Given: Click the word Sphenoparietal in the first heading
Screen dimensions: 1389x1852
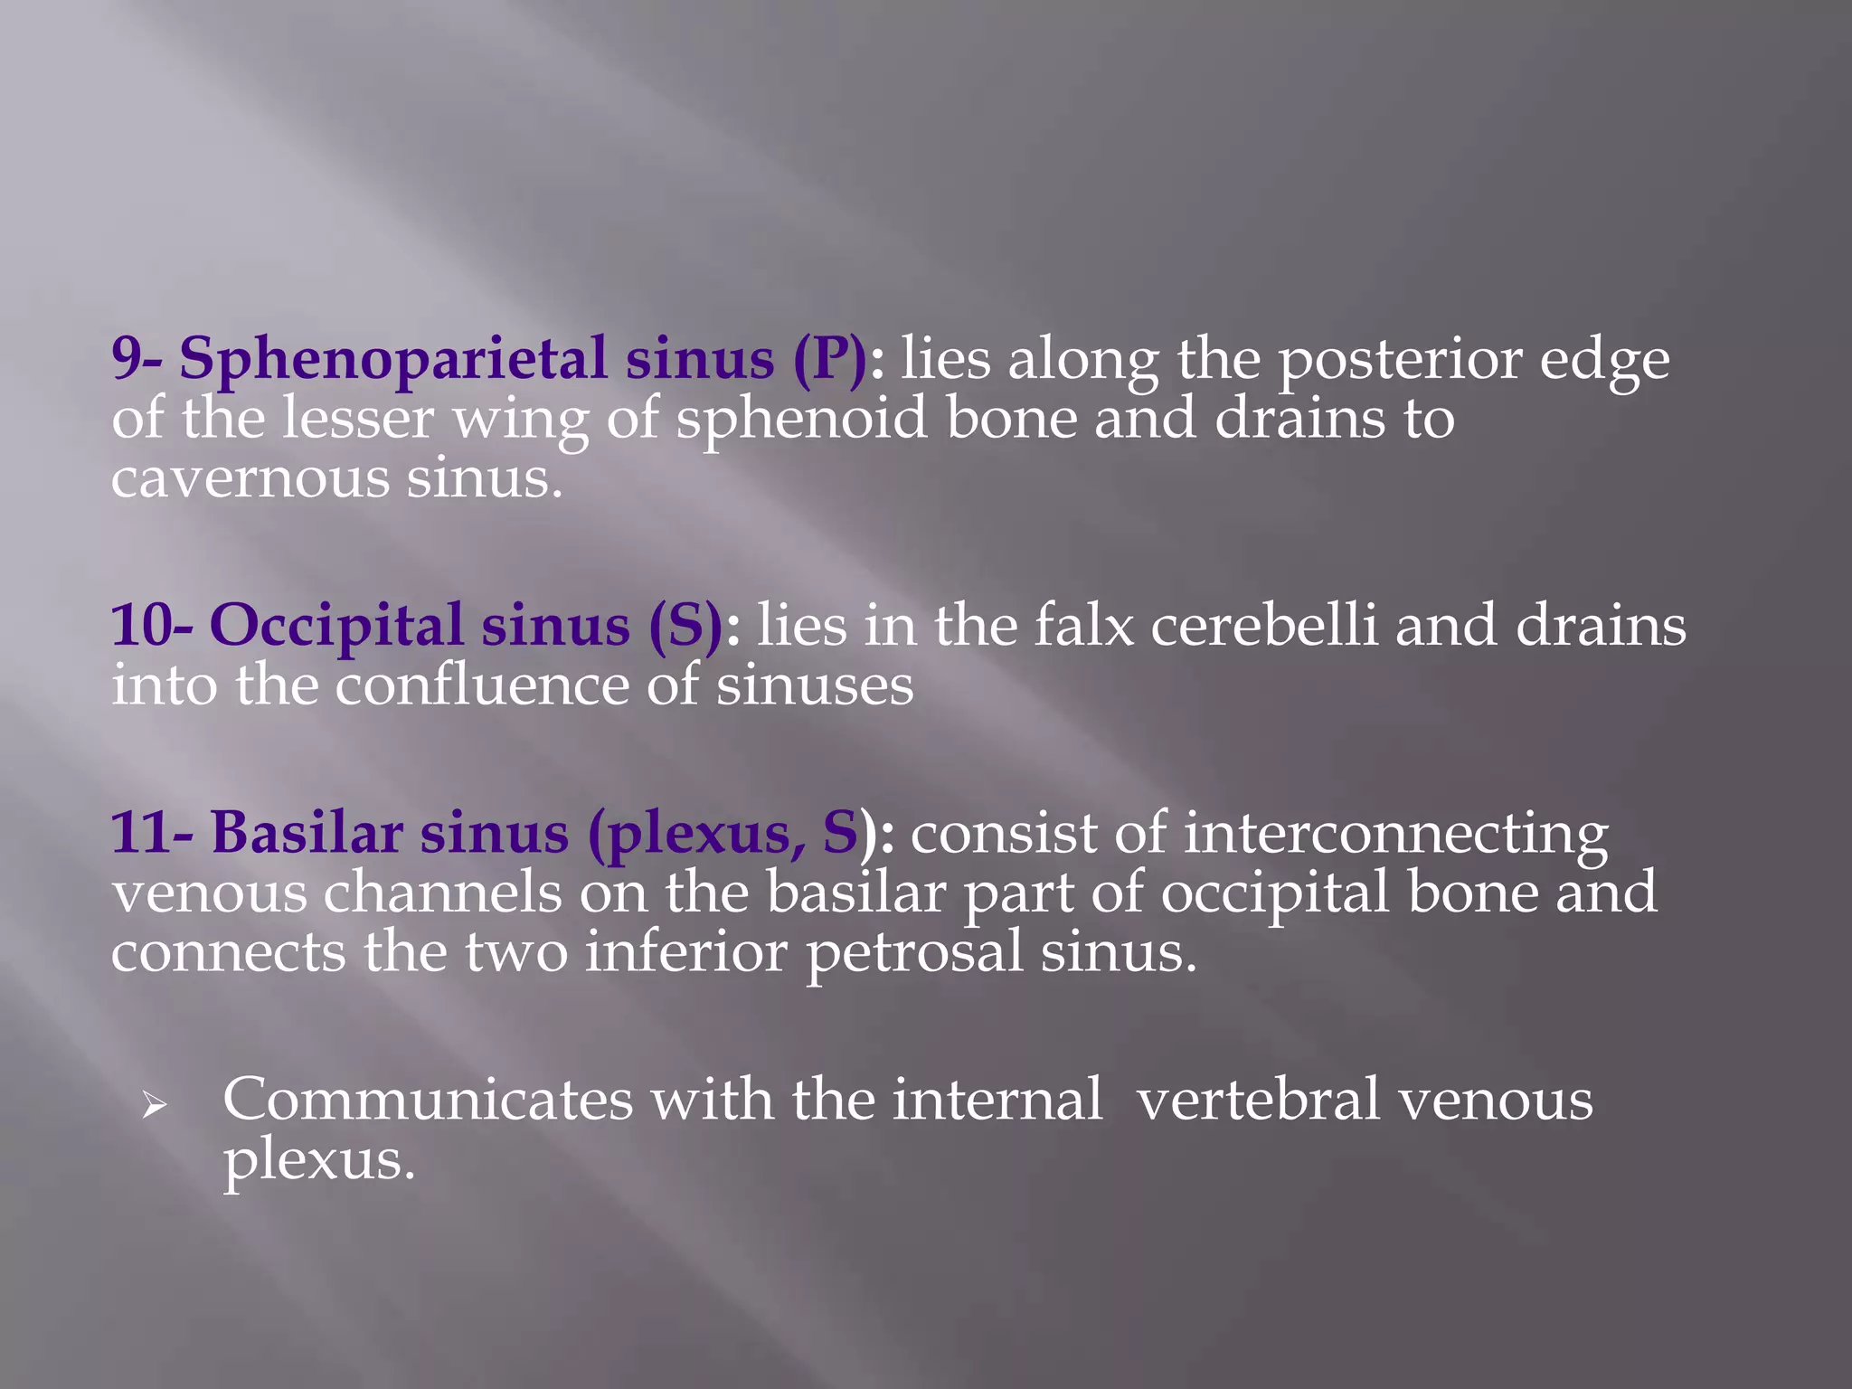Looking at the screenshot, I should (x=392, y=359).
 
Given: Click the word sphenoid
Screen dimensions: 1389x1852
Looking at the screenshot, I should (x=801, y=420).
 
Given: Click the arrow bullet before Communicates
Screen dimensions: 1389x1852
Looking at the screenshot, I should (x=154, y=1104).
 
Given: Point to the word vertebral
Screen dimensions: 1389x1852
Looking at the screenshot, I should (x=1258, y=1101).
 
